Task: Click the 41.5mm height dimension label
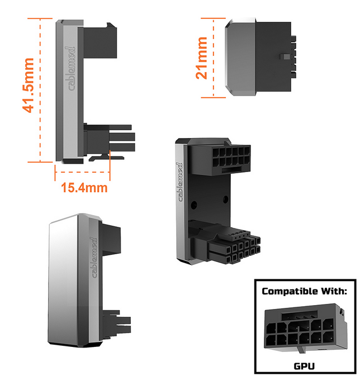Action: pyautogui.click(x=28, y=85)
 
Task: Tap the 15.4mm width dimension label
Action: pyautogui.click(x=84, y=188)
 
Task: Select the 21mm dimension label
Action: pyautogui.click(x=201, y=58)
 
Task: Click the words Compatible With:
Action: pyautogui.click(x=304, y=291)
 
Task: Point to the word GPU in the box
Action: pyautogui.click(x=304, y=366)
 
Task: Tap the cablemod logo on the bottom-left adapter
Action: pyautogui.click(x=94, y=258)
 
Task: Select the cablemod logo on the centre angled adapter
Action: pyautogui.click(x=179, y=182)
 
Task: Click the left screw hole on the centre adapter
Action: pyautogui.click(x=193, y=205)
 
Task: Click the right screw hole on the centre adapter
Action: pyautogui.click(x=225, y=199)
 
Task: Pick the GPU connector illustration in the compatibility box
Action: pyautogui.click(x=306, y=329)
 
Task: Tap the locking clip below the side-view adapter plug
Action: pyautogui.click(x=107, y=158)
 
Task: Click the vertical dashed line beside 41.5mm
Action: pyautogui.click(x=40, y=90)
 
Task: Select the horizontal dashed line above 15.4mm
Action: pyautogui.click(x=82, y=172)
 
